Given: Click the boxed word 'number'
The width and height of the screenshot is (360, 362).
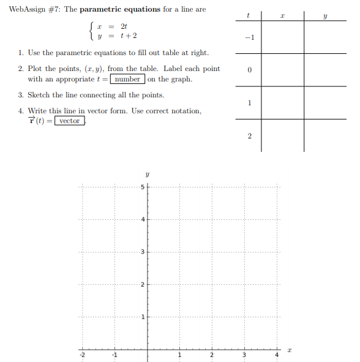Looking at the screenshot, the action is [128, 79].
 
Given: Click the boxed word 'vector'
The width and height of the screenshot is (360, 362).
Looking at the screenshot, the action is [69, 121].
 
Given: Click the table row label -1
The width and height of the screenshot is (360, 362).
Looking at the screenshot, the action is [248, 38].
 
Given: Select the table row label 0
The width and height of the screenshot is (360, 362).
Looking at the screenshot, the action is [249, 71].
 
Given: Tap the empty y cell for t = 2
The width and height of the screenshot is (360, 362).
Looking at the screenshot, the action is [325, 135].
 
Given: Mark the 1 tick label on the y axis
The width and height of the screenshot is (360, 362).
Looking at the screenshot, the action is [142, 317].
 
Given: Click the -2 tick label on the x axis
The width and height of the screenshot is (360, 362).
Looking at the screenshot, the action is [81, 355].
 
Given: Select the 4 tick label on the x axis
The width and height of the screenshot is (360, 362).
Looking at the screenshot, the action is [277, 355].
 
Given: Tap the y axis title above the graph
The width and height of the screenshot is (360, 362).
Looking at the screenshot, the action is [147, 174].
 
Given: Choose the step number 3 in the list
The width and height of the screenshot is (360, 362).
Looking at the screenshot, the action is [20, 95].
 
